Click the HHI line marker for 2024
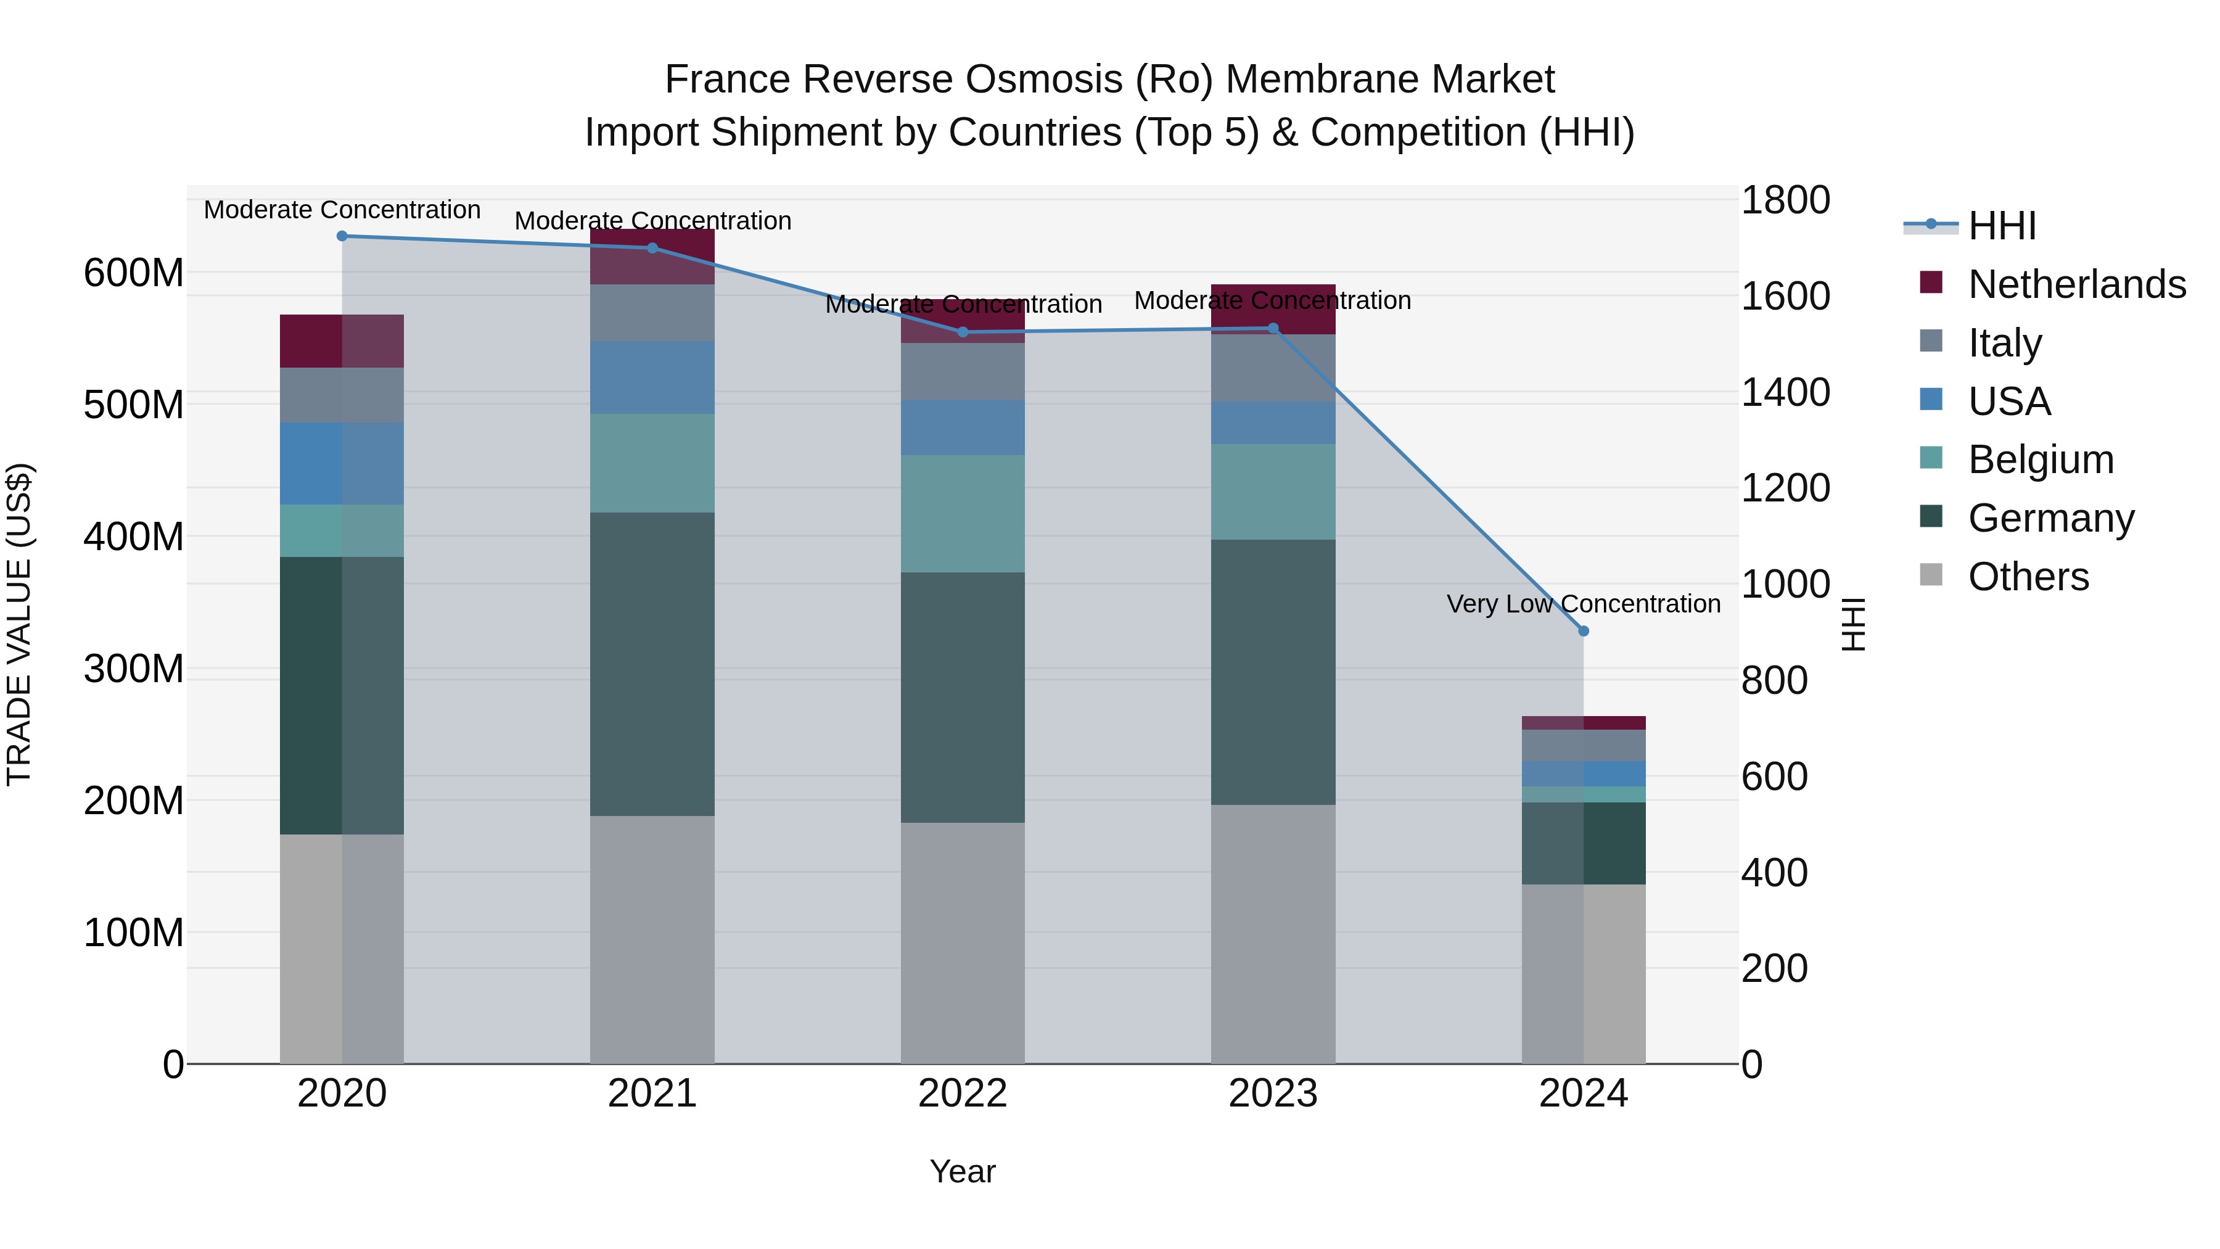tap(1583, 631)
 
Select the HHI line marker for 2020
tap(342, 236)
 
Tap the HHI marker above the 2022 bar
tap(963, 332)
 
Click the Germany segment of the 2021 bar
tap(652, 664)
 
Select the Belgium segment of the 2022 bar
tap(963, 514)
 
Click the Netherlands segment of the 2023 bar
tap(1273, 308)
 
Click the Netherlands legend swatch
tap(1931, 282)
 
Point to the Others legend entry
tap(2028, 576)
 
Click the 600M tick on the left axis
tap(134, 273)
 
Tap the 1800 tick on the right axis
tap(1785, 200)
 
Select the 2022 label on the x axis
tap(963, 1094)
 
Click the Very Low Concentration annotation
tap(1583, 603)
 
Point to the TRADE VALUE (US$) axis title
tap(19, 624)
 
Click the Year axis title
tap(963, 1171)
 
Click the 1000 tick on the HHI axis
tap(1785, 585)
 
